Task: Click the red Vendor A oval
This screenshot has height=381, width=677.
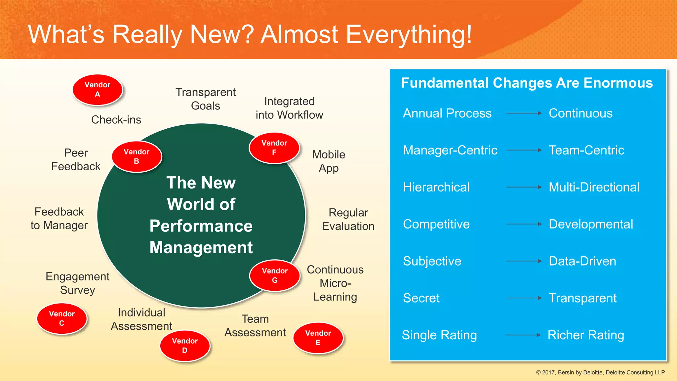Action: click(98, 90)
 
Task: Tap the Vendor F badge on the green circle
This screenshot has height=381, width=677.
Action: click(274, 148)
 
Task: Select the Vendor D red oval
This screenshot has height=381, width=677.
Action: click(185, 346)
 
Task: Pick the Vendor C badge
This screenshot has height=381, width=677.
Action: click(62, 318)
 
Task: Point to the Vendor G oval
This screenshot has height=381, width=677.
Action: click(275, 275)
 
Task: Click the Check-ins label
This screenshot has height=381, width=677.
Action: click(116, 120)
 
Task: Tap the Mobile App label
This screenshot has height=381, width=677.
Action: click(329, 161)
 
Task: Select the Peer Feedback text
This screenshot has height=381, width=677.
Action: click(76, 160)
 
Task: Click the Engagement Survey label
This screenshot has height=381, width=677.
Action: click(77, 283)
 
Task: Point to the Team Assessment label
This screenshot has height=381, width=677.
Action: click(255, 326)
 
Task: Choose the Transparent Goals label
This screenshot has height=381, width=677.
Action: click(205, 99)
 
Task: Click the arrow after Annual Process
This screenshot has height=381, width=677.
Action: click(524, 113)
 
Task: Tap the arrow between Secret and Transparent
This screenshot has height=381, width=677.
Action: click(524, 298)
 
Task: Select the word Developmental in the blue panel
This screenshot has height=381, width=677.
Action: click(591, 224)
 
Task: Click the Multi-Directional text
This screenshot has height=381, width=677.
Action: click(594, 187)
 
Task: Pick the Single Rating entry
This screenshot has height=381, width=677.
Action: click(439, 335)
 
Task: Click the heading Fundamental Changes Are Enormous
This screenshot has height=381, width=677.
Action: click(527, 83)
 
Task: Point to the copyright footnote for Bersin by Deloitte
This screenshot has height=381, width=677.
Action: click(600, 372)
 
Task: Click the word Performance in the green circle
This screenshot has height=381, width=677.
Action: click(201, 226)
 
